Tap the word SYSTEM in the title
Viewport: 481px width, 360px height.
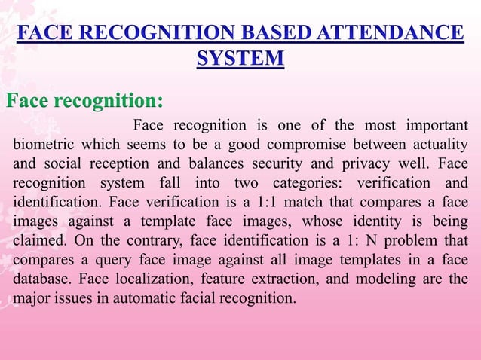pos(240,59)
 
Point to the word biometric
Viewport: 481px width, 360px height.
pos(45,144)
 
